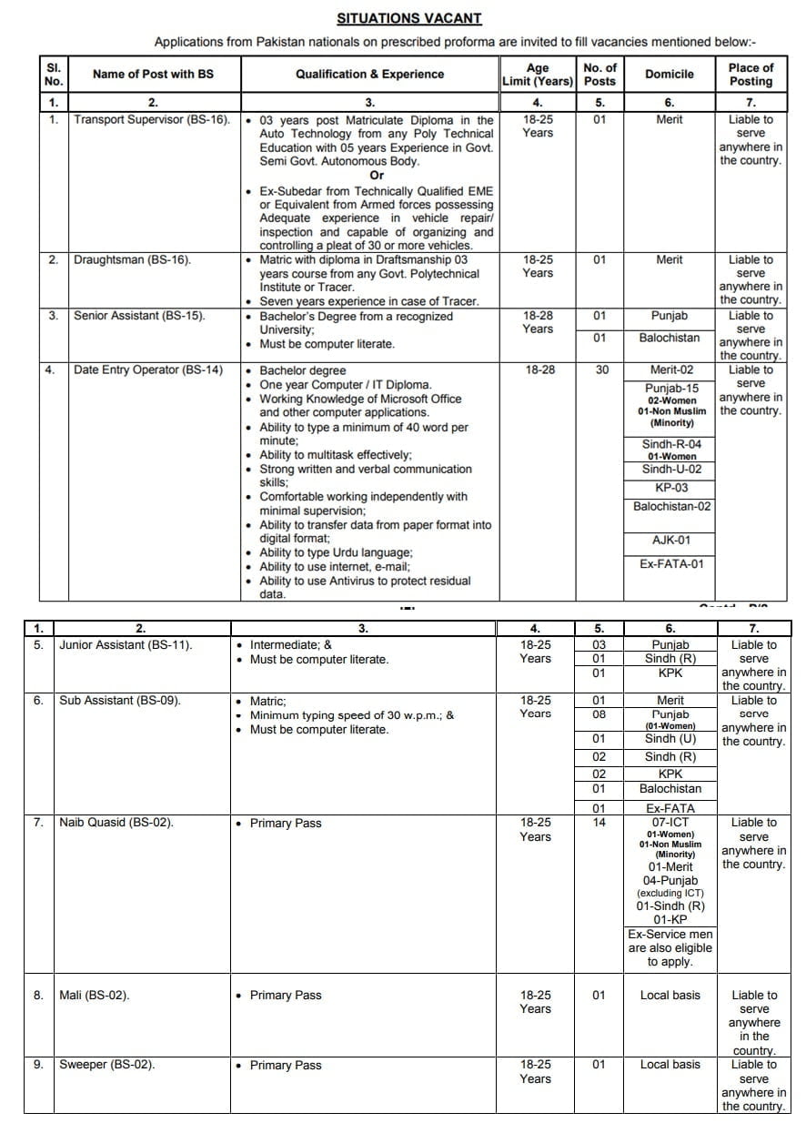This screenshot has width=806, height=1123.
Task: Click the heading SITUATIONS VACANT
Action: (408, 18)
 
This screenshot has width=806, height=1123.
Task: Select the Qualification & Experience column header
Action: (369, 75)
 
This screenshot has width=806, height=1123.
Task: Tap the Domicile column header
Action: (669, 75)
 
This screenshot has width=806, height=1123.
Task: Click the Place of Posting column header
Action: (751, 75)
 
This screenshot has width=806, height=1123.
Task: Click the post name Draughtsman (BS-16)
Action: (132, 260)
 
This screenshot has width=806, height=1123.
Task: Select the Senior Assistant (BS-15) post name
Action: (139, 316)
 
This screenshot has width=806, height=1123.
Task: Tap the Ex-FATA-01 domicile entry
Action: (671, 564)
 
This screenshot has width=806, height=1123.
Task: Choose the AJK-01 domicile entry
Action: (671, 541)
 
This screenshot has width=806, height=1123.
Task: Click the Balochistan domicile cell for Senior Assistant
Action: (668, 338)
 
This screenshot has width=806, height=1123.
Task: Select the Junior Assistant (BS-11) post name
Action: (126, 645)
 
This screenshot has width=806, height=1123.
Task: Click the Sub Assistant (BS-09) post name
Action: (120, 701)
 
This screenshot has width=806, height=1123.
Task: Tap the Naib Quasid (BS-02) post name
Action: (116, 823)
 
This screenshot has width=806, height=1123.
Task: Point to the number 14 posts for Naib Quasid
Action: (599, 823)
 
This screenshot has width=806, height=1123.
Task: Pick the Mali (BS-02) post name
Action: (95, 995)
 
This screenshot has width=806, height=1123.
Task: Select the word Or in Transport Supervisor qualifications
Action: (377, 175)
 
